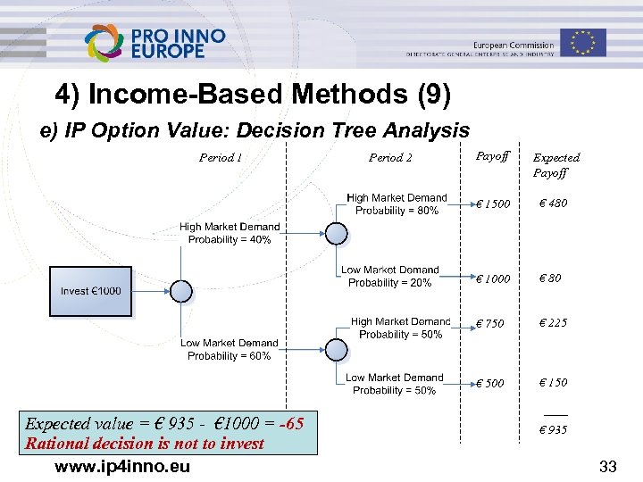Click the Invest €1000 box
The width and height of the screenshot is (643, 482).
pos(90,291)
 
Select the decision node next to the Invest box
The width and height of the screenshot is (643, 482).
pos(181,291)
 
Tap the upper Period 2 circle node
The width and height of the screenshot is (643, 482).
pos(336,233)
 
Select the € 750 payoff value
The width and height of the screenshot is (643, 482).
pos(489,323)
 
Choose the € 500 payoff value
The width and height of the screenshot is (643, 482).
pos(489,383)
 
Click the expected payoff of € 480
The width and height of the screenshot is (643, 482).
pos(553,204)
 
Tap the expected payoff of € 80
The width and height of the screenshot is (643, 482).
pos(549,278)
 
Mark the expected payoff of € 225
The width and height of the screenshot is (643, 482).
pos(553,323)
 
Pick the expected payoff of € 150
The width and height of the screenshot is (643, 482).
pos(553,382)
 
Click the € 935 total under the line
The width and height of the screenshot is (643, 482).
pos(553,430)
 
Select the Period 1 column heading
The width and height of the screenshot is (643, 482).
pos(221,158)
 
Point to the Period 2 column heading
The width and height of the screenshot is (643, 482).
pos(390,158)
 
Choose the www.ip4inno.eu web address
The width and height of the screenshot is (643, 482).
pos(122,466)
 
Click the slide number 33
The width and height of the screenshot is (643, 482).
pos(608,466)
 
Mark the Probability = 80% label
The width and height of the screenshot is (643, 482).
pos(397,211)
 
